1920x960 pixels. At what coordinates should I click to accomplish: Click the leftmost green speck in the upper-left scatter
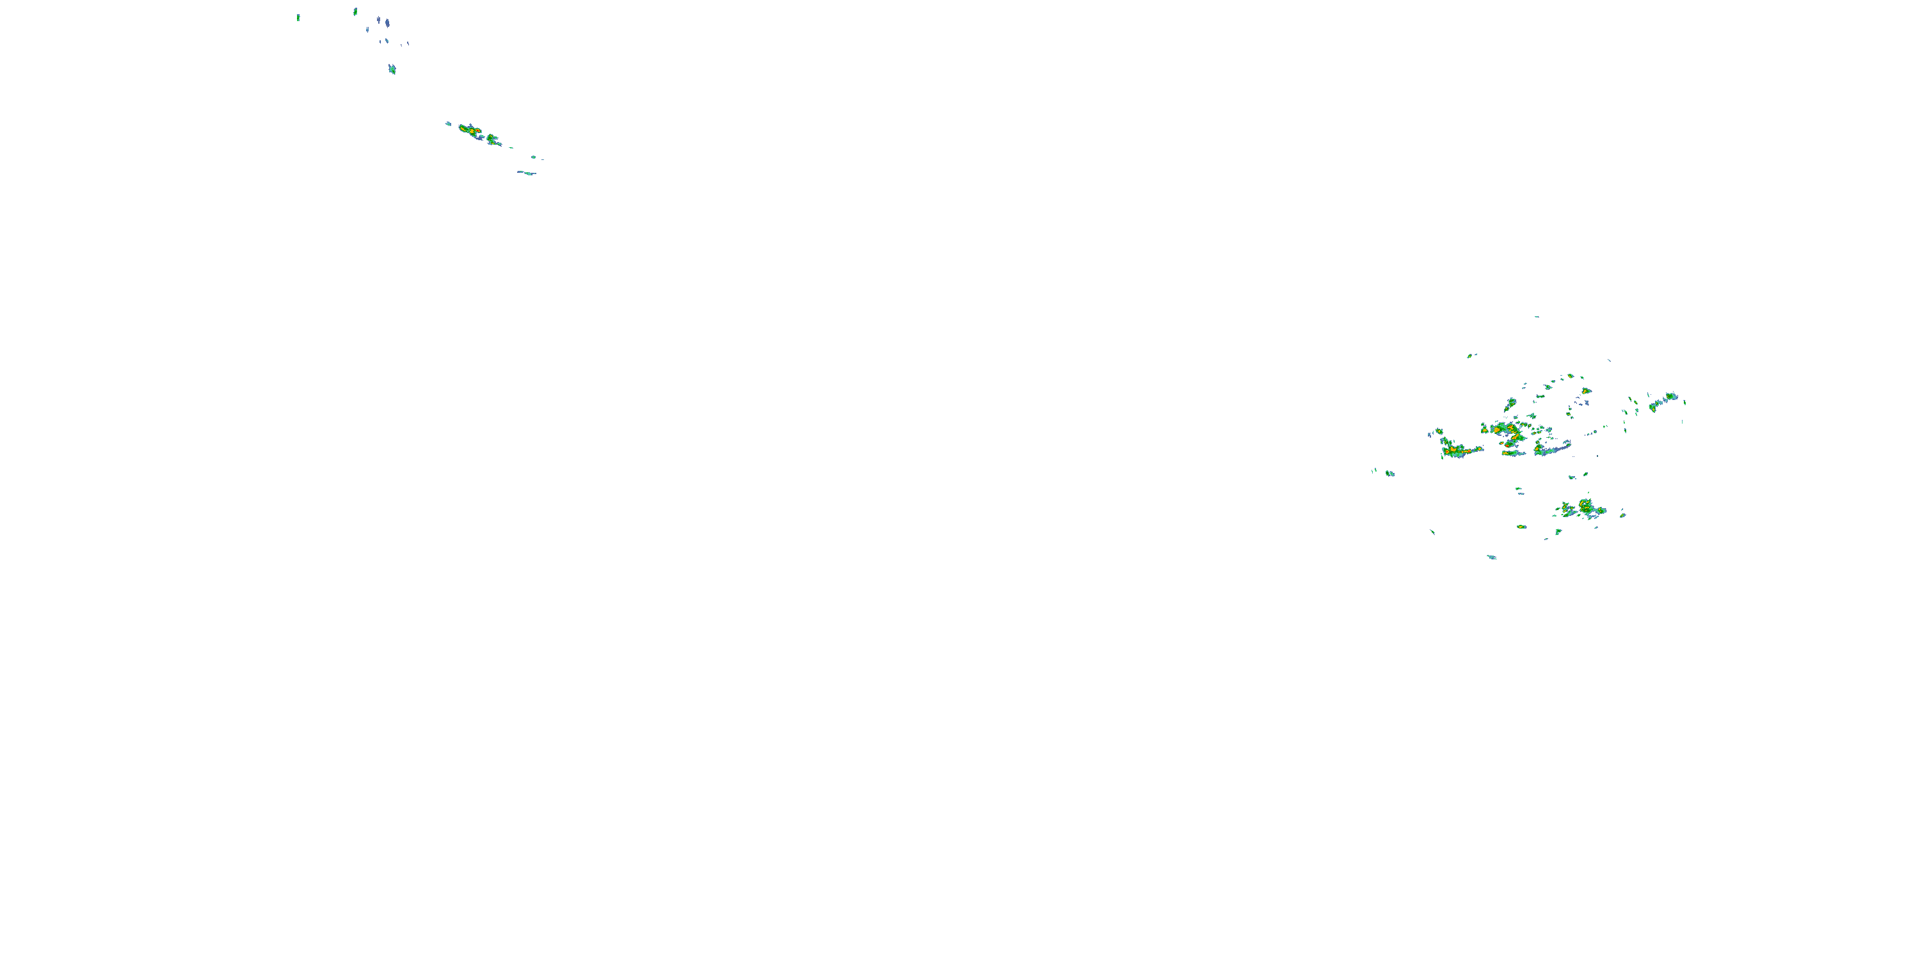coord(298,17)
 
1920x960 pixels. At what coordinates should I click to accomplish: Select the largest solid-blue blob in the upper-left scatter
coord(388,23)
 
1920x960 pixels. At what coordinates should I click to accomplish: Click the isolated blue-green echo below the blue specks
coord(392,69)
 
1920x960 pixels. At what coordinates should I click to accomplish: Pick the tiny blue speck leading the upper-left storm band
coord(448,124)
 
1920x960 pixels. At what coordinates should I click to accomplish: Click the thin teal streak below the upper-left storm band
coord(527,173)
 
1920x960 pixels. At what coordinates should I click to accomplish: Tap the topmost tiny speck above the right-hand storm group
coord(1536,317)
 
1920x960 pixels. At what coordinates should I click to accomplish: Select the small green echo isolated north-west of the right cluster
coord(1471,356)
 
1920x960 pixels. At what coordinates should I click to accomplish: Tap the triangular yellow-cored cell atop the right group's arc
coord(1586,390)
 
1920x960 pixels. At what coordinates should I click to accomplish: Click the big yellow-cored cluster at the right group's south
coord(1585,509)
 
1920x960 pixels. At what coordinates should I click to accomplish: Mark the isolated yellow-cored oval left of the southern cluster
coord(1521,527)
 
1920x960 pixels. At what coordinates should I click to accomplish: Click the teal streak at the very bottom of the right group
coord(1491,557)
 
